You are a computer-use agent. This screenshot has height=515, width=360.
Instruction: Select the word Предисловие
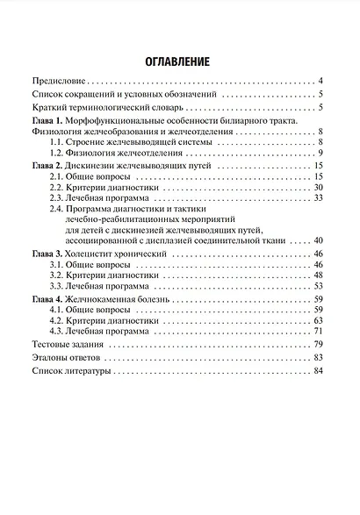60,80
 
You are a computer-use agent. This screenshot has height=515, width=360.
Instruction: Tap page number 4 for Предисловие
322,80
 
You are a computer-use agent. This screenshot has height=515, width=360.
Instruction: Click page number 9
322,153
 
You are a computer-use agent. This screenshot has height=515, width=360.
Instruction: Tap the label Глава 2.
47,166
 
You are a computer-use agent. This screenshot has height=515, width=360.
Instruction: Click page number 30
319,188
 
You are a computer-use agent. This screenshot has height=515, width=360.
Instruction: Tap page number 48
319,275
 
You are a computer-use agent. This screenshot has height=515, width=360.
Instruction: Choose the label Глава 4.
47,299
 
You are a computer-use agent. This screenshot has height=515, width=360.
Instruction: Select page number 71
319,331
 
